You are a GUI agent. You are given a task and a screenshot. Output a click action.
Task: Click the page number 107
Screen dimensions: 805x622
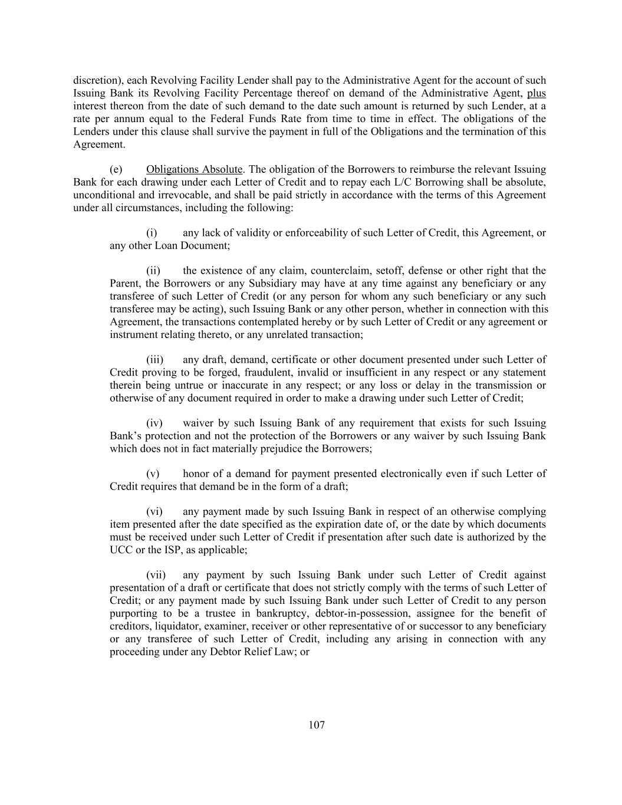coord(317,725)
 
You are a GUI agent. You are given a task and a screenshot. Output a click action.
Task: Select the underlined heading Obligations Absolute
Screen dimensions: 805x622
coord(194,170)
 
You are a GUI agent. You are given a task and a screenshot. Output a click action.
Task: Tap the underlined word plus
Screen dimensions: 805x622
coord(536,93)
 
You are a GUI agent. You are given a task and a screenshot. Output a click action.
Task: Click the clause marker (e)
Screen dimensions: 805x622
coord(116,170)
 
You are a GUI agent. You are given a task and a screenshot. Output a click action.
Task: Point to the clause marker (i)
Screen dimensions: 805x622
coord(152,233)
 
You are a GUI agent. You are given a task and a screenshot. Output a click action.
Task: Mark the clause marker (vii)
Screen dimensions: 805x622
coord(156,575)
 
